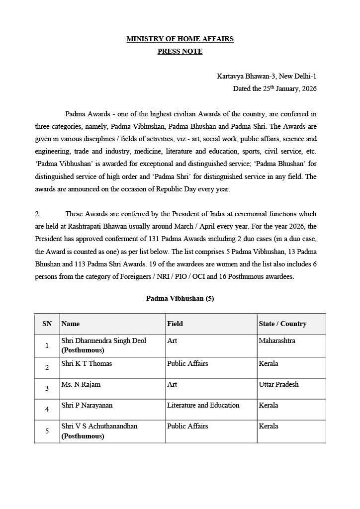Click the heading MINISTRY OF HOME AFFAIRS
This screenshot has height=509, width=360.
click(x=180, y=39)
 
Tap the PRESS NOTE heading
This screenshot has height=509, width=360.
click(x=180, y=51)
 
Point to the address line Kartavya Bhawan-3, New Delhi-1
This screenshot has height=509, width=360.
click(x=267, y=76)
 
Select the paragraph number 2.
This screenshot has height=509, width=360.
click(x=37, y=214)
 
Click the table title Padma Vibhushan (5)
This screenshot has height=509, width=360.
click(x=180, y=298)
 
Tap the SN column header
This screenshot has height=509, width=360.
click(x=47, y=324)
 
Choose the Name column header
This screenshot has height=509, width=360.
click(x=71, y=324)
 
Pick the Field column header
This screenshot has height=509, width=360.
click(x=175, y=324)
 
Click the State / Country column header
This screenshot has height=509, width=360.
click(x=282, y=324)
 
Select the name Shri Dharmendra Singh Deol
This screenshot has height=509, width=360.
click(x=103, y=341)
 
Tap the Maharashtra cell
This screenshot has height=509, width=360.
click(x=277, y=341)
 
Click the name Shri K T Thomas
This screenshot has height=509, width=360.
click(x=87, y=363)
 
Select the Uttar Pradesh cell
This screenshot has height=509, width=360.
click(x=279, y=384)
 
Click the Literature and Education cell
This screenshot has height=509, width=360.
click(x=203, y=405)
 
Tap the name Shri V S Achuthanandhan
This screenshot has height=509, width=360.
click(x=99, y=426)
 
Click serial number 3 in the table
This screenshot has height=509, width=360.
click(x=47, y=388)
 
